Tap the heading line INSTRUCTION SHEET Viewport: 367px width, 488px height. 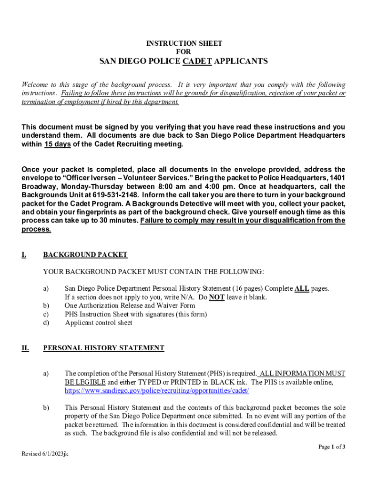coord(183,43)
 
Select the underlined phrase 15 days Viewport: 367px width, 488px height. coord(57,144)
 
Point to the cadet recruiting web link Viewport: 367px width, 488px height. coord(157,391)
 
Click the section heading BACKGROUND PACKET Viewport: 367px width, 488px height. coord(85,255)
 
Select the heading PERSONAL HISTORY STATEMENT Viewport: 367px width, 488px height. coord(103,348)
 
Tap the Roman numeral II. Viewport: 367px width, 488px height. coord(25,348)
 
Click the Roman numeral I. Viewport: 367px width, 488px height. coord(23,255)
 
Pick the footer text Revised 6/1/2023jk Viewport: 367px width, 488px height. coord(45,454)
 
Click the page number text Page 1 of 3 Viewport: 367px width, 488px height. coord(332,447)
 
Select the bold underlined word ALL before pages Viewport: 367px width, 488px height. coord(302,288)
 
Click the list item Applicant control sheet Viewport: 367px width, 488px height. coord(99,323)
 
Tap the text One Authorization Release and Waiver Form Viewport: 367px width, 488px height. coord(130,305)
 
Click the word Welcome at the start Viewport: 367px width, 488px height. coord(34,85)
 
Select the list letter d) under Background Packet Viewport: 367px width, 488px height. coord(46,323)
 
